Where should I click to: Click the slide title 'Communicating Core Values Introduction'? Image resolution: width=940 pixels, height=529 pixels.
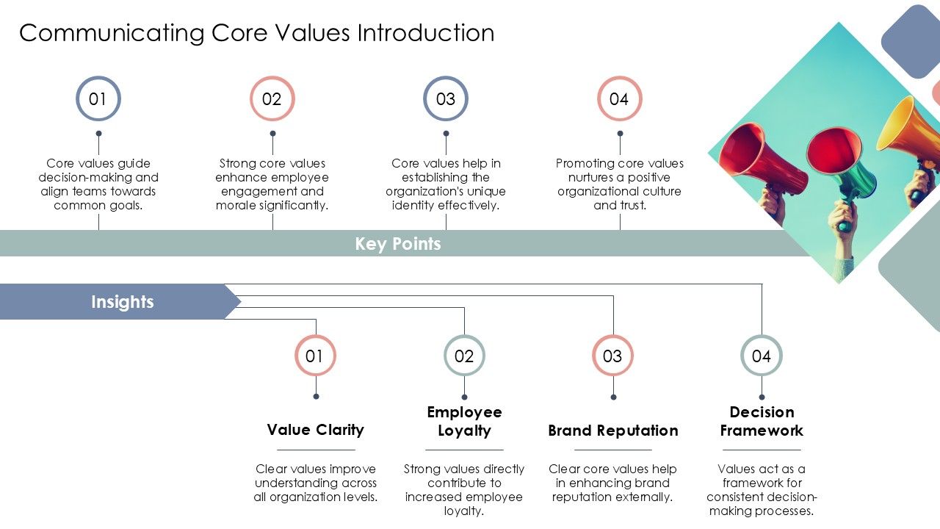[256, 33]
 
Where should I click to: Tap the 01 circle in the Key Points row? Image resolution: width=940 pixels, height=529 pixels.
[98, 99]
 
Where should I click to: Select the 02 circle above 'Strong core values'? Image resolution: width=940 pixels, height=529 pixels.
[272, 99]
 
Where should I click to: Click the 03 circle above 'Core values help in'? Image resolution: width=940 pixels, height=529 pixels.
[446, 99]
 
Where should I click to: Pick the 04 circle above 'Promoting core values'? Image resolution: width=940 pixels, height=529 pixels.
[619, 99]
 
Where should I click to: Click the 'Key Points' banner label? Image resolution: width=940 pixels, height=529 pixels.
[398, 244]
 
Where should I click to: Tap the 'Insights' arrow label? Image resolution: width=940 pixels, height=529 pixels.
[122, 302]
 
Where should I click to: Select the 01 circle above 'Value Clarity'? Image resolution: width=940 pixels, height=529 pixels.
[315, 356]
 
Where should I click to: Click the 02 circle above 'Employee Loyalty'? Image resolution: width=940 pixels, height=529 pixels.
[464, 356]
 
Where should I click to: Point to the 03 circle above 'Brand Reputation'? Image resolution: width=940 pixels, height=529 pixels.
[612, 356]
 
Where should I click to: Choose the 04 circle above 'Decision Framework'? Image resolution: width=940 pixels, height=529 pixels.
[762, 356]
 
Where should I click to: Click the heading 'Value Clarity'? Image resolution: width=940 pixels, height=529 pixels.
[315, 430]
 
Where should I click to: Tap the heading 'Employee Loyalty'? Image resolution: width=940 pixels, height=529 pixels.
[464, 421]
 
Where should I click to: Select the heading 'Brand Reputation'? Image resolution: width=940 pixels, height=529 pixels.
[612, 431]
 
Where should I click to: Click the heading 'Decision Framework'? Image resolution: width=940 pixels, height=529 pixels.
[762, 421]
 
